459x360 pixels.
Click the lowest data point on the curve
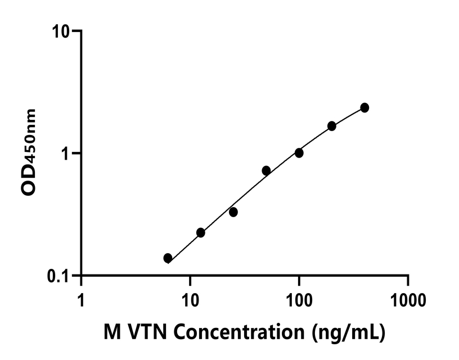coord(168,258)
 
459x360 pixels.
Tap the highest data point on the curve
coord(364,107)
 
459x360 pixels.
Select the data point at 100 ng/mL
coord(299,153)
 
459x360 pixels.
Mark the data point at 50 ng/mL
coord(266,170)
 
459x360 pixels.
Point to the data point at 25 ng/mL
coord(233,212)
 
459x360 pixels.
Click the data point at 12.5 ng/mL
coord(201,232)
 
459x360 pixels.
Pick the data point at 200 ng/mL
coord(332,126)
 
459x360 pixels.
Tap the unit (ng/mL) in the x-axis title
coord(349,332)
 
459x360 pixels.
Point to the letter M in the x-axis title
coord(111,331)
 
